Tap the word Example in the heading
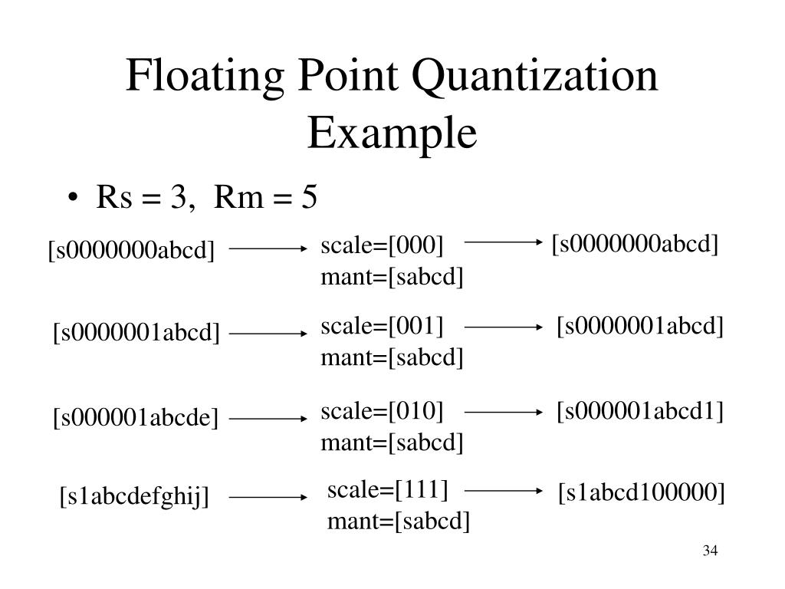coord(392,133)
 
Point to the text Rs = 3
coord(142,198)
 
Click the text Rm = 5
coord(265,198)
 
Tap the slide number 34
coord(709,551)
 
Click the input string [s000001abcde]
coord(136,419)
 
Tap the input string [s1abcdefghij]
coord(135,498)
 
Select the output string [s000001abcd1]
coord(640,411)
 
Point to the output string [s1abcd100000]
coord(641,491)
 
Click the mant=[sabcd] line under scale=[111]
coord(399,522)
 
